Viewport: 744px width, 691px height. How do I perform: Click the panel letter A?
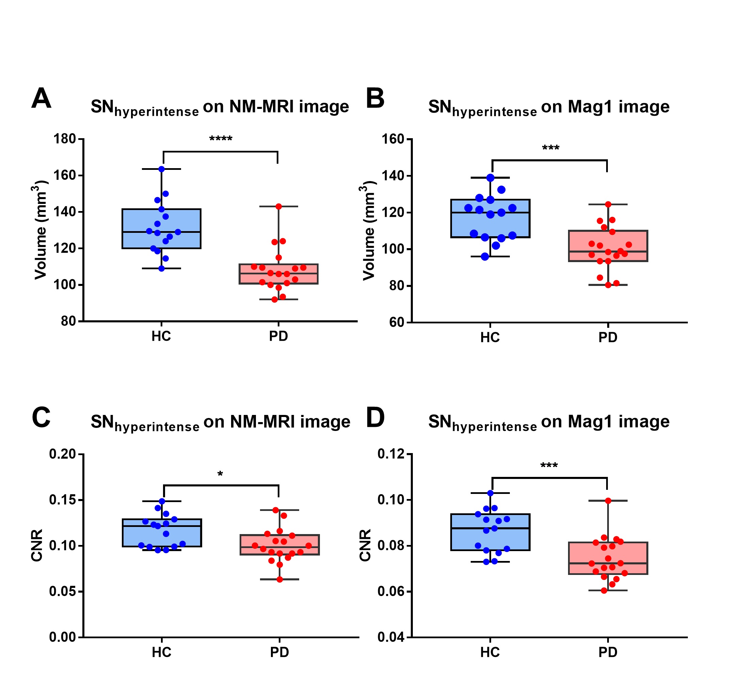[x=41, y=99]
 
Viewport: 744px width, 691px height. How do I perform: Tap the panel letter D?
[x=375, y=418]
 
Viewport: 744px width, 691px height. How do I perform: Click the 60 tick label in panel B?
[x=397, y=322]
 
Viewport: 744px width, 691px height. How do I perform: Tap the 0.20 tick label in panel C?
[x=62, y=454]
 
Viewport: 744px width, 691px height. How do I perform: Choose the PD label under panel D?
[x=608, y=653]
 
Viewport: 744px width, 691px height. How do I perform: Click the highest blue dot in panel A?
[x=162, y=169]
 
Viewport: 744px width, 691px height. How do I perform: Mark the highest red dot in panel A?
[x=278, y=206]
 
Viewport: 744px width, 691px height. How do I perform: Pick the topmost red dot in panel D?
[x=608, y=501]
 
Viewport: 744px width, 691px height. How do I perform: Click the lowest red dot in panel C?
[x=279, y=580]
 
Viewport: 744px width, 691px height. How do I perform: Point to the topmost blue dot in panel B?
[x=490, y=178]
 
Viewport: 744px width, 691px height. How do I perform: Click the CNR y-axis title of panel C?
[x=37, y=545]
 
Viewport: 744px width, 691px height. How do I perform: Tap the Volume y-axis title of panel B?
[x=369, y=230]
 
